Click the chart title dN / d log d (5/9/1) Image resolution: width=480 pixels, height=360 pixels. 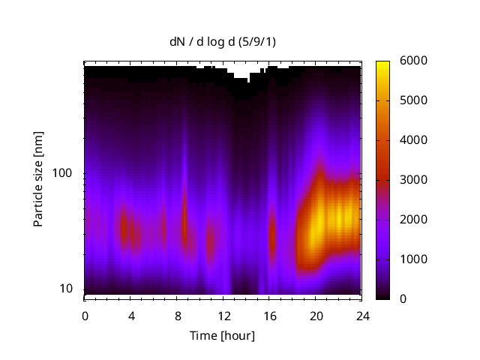point(223,42)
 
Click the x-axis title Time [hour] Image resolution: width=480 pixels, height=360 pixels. point(223,335)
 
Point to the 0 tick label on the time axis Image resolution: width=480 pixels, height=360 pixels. point(85,316)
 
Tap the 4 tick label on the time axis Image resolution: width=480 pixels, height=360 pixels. point(131,316)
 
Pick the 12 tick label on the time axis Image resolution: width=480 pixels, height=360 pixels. point(223,316)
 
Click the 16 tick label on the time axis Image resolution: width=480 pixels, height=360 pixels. point(269,316)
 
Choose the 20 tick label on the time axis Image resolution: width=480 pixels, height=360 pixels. point(316,316)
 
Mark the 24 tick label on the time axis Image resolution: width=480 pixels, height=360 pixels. point(362,316)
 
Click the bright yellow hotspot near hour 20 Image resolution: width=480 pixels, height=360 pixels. point(318,222)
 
